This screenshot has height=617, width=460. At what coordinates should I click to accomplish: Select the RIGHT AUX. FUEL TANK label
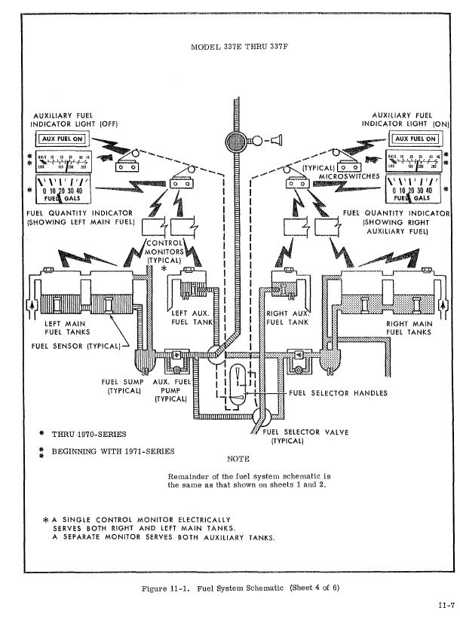point(287,316)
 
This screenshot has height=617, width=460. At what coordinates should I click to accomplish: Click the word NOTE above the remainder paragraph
point(238,458)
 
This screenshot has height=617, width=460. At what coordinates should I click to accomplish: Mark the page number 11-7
point(445,606)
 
